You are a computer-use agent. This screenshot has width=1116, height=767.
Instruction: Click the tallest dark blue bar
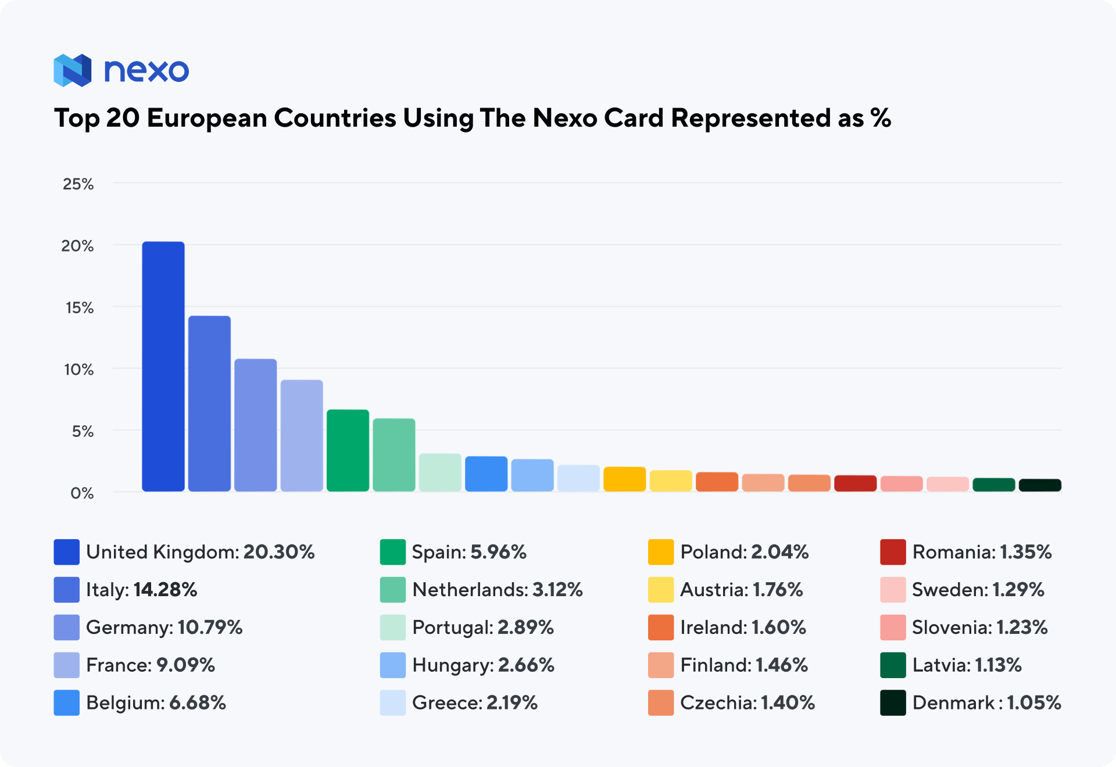[x=163, y=366]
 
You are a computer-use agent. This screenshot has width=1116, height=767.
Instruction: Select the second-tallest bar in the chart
[x=209, y=403]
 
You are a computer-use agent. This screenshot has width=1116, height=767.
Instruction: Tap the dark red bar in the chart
[x=855, y=483]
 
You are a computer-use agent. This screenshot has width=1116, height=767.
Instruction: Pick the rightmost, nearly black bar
[x=1040, y=485]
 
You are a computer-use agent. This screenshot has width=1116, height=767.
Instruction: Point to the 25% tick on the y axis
[x=78, y=184]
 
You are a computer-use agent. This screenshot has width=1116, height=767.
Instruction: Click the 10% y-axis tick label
[x=78, y=370]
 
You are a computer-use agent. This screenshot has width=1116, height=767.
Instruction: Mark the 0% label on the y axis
[x=82, y=493]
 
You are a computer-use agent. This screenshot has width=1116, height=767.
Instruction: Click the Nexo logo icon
[x=73, y=70]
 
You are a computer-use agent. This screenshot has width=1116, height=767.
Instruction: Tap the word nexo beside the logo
[x=146, y=71]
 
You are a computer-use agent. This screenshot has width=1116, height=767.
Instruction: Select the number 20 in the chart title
[x=123, y=119]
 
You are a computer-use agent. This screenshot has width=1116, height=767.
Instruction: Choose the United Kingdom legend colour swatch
[x=67, y=552]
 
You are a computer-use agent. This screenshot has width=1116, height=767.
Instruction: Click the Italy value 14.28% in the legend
[x=165, y=590]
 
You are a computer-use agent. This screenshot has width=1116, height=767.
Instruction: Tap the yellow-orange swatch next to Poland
[x=661, y=552]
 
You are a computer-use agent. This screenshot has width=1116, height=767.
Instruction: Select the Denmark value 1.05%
[x=1033, y=703]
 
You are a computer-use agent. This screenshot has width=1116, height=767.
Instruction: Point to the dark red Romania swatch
[x=893, y=552]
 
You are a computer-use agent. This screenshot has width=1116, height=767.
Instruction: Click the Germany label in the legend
[x=128, y=628]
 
